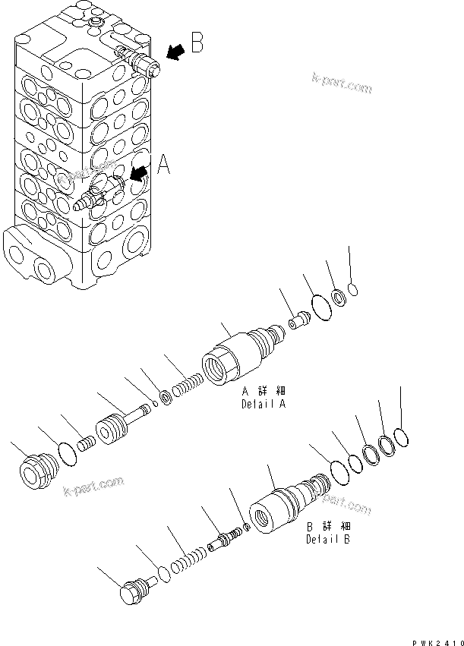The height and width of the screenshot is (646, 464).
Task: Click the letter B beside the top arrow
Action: point(197,43)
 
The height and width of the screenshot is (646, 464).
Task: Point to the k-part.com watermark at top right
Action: point(341,82)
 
